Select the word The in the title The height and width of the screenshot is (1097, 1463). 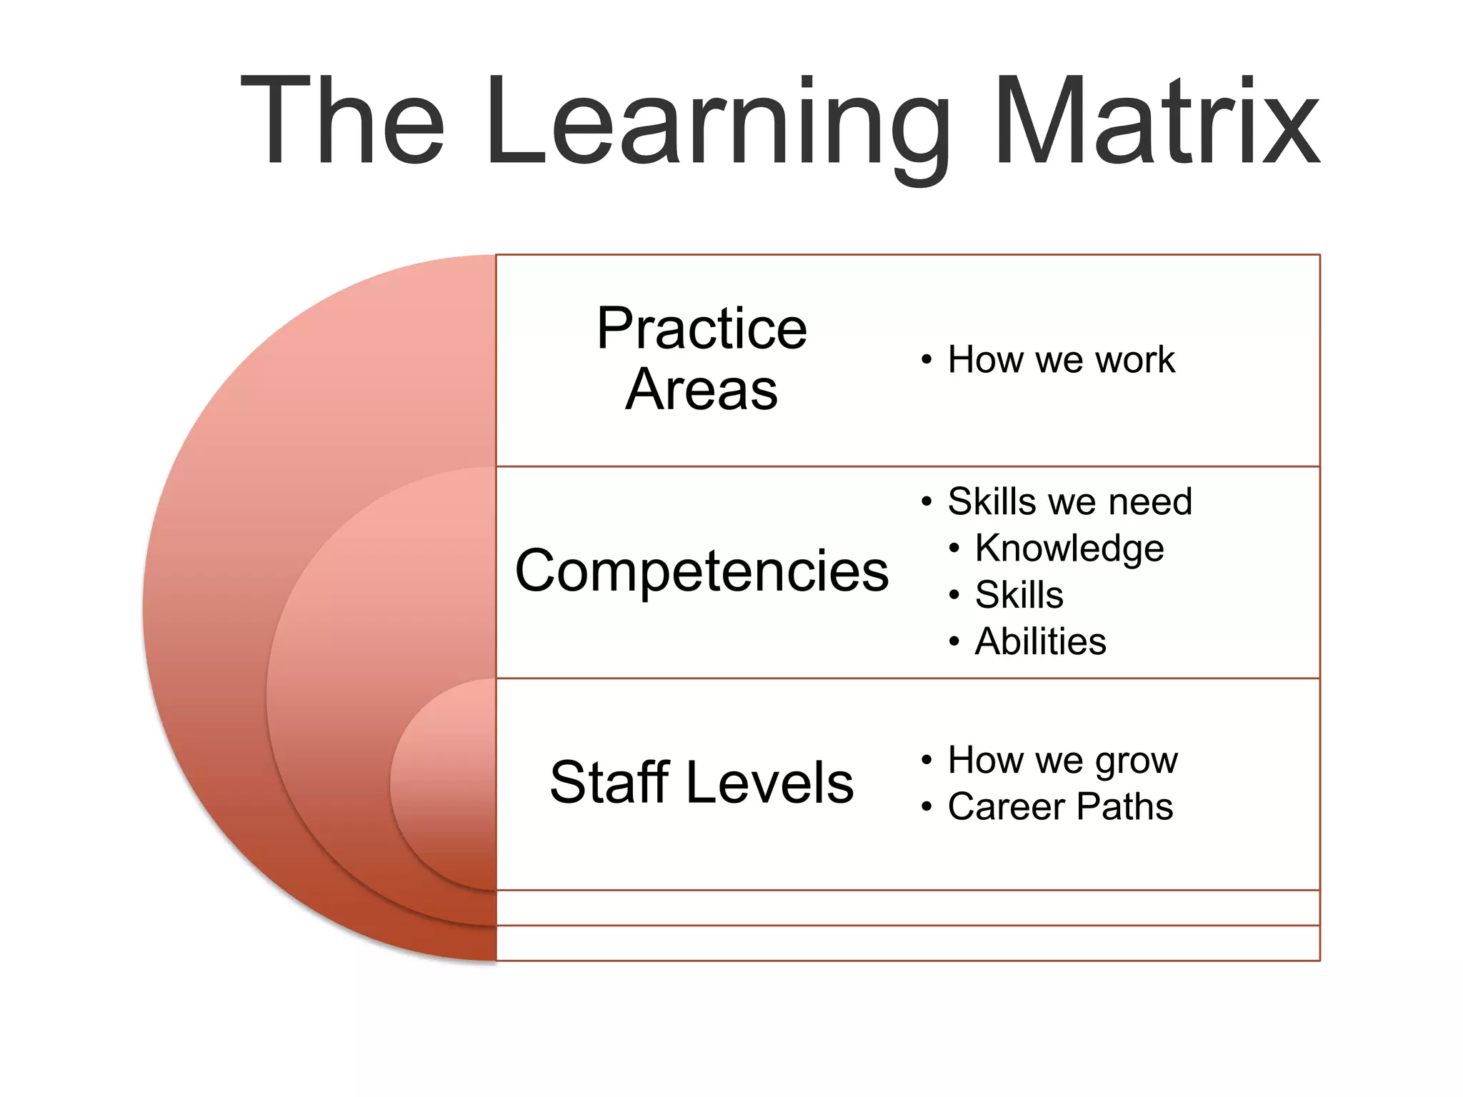[x=343, y=121]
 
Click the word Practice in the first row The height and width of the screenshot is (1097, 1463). [x=701, y=329]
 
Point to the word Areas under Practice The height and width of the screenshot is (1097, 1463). [x=701, y=390]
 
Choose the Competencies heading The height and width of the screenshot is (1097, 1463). [x=701, y=571]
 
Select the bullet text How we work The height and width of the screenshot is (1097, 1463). [x=1061, y=359]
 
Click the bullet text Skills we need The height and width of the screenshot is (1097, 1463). [x=1069, y=501]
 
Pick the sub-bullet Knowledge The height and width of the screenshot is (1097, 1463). [x=1069, y=548]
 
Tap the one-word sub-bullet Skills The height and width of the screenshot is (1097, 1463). [x=1019, y=595]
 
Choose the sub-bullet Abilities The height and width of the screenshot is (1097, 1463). [x=1040, y=641]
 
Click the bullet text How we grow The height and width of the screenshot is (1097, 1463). [x=1062, y=760]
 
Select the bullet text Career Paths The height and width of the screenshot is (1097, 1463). [x=1060, y=807]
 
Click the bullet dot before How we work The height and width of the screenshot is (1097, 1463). [x=927, y=360]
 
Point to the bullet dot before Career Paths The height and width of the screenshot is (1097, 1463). [x=927, y=808]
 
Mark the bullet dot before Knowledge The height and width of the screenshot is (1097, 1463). [x=954, y=549]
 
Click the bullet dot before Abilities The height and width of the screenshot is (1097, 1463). [x=954, y=642]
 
